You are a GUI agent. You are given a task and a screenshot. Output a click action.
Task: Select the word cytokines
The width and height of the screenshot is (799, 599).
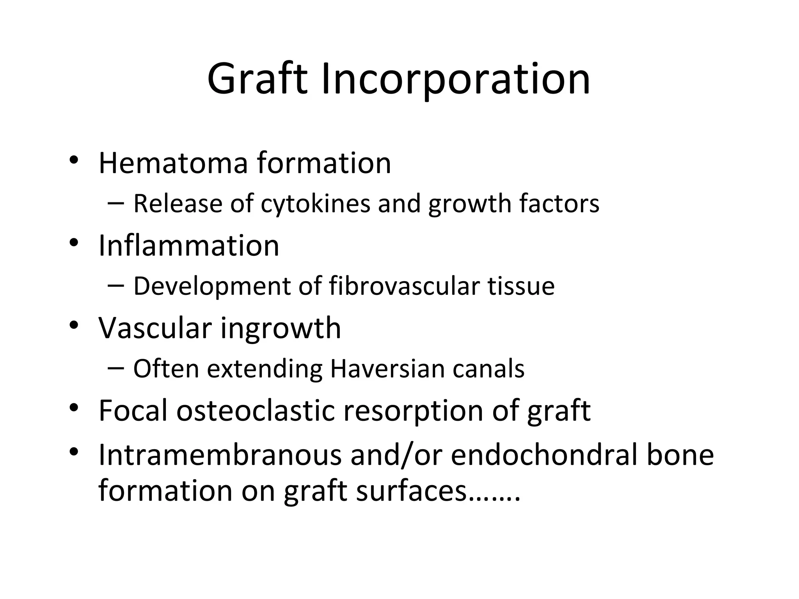pos(315,204)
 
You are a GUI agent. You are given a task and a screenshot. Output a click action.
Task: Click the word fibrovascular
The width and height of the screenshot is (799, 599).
pos(404,286)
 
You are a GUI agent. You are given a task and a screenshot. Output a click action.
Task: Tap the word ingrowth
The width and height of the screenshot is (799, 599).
pos(281,329)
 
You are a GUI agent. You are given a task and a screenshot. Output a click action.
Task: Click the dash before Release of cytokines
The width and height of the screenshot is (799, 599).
pos(115,203)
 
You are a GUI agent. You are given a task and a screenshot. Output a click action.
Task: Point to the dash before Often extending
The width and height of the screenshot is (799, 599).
pos(115,368)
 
